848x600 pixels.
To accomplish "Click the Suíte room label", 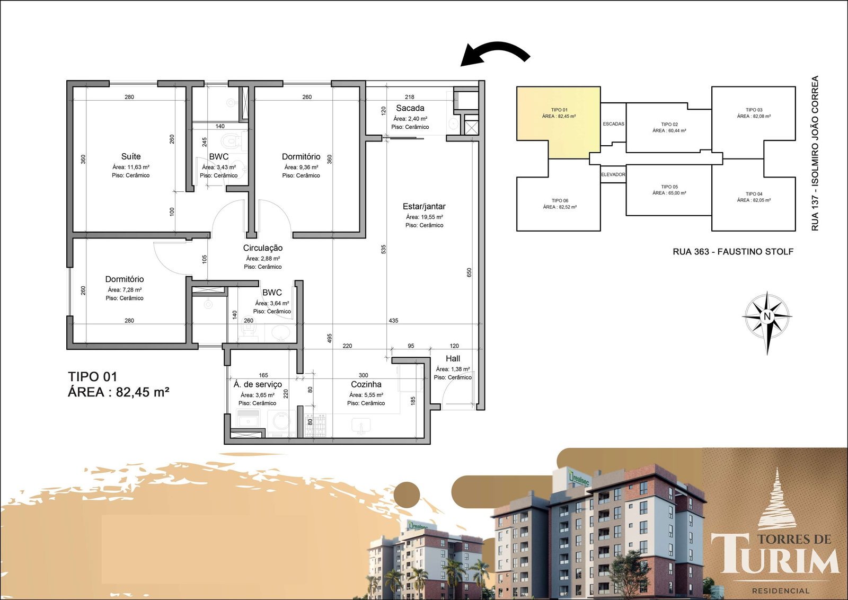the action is (x=131, y=156).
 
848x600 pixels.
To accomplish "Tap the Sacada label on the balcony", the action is (x=410, y=108).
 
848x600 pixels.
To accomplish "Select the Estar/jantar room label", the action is (x=424, y=206).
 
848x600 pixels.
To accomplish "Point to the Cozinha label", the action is (x=366, y=384).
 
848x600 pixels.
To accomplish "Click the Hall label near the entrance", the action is (x=453, y=358).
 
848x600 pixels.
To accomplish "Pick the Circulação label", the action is (x=263, y=248).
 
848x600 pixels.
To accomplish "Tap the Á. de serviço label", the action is (x=258, y=384).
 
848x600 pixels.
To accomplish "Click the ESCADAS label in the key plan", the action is (x=614, y=124).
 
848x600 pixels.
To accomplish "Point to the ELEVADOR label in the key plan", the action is (x=613, y=174).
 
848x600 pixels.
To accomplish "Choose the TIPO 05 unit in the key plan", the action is (x=669, y=190).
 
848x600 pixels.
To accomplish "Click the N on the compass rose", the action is (x=767, y=316).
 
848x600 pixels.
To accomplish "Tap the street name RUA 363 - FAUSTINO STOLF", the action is (x=733, y=252).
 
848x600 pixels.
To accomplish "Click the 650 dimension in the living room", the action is (x=469, y=272).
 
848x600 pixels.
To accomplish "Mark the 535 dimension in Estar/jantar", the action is (x=384, y=249).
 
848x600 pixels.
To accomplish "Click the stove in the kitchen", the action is (x=315, y=425).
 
